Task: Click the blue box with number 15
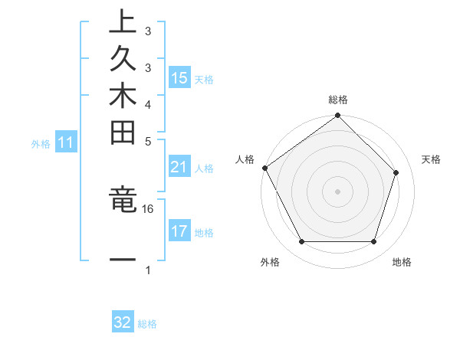[x=179, y=78]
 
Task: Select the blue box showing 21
[x=179, y=168]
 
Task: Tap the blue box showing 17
[x=179, y=231]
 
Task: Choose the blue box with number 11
[x=67, y=142]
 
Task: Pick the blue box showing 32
[x=123, y=323]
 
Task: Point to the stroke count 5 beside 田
[x=148, y=141]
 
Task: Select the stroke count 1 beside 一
[x=148, y=270]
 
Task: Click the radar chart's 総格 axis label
[x=338, y=100]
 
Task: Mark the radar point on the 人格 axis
[x=265, y=168]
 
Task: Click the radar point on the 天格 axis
[x=396, y=172]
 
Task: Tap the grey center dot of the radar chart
[x=337, y=191]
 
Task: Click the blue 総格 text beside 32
[x=147, y=324]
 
